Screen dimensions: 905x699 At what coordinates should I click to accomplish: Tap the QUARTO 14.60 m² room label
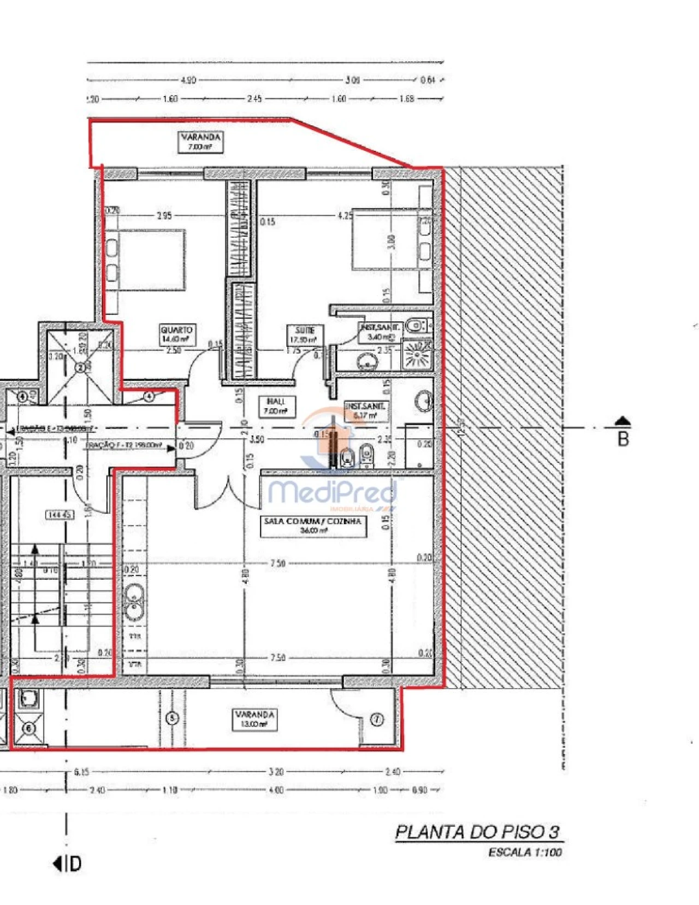click(176, 334)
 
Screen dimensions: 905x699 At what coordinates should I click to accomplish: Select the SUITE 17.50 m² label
click(305, 335)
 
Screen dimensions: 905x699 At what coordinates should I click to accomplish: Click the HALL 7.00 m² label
click(276, 406)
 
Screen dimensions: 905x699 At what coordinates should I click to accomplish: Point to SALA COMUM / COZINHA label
click(313, 525)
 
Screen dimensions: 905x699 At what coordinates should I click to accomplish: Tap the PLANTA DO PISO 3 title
click(477, 832)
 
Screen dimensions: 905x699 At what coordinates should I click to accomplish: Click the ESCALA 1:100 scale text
click(525, 852)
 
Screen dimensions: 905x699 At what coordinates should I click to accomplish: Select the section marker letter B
click(623, 439)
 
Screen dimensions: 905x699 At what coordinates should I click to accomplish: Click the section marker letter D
click(75, 864)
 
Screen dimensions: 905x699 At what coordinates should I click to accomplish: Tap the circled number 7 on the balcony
click(377, 720)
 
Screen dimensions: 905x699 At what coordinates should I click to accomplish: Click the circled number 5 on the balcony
click(172, 718)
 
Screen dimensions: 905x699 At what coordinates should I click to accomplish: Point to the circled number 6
click(29, 728)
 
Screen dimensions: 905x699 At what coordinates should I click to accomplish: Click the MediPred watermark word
click(332, 492)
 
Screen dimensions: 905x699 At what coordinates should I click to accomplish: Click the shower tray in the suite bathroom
click(418, 355)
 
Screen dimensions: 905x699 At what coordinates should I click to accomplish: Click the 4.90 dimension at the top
click(188, 80)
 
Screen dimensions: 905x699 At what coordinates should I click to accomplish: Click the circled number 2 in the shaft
click(80, 367)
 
